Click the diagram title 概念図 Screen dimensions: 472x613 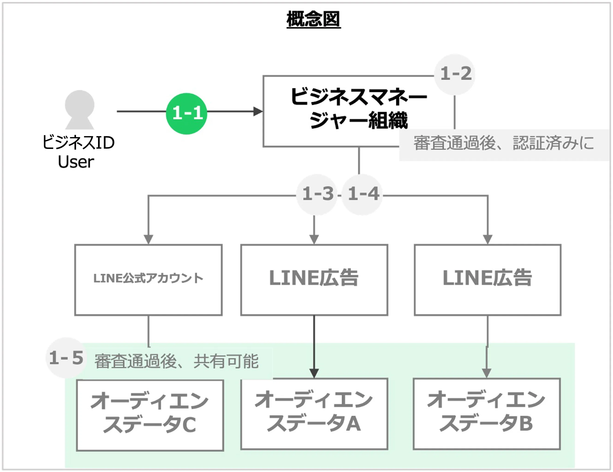pyautogui.click(x=313, y=19)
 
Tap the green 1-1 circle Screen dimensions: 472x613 pyautogui.click(x=187, y=114)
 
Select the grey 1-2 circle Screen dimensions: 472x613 pyautogui.click(x=455, y=74)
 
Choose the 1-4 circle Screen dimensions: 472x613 pyautogui.click(x=363, y=194)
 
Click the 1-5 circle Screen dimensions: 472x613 pyautogui.click(x=66, y=358)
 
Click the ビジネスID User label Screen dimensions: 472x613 pyautogui.click(x=78, y=152)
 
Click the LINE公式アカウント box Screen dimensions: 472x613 pyautogui.click(x=148, y=279)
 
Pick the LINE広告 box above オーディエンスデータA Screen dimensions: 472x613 pyautogui.click(x=314, y=279)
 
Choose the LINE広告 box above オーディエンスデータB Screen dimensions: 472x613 pyautogui.click(x=487, y=279)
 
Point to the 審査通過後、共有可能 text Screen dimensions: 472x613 pyautogui.click(x=176, y=361)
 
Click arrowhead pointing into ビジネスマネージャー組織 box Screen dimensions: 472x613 pyautogui.click(x=258, y=111)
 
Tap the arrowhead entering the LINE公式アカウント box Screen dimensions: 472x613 pyautogui.click(x=148, y=239)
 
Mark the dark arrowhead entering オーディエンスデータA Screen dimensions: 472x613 pyautogui.click(x=314, y=373)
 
